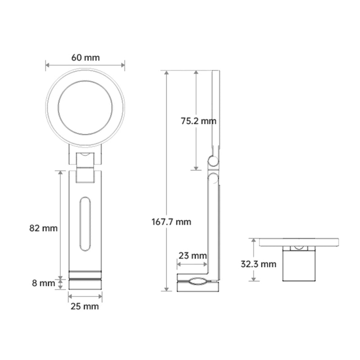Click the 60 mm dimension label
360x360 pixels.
(85, 58)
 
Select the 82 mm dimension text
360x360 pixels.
(44, 228)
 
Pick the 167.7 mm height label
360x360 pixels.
(177, 221)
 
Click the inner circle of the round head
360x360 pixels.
(85, 108)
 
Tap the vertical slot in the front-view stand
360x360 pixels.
(85, 224)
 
